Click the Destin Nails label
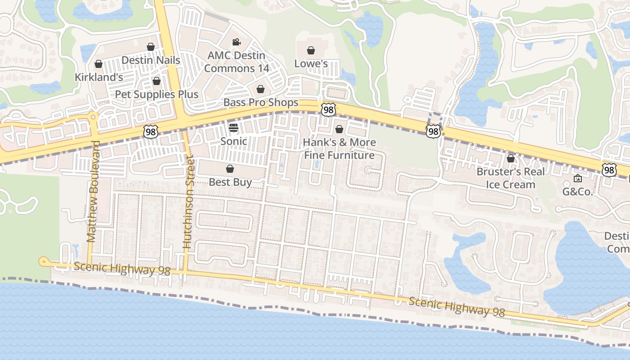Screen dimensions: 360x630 (151, 60)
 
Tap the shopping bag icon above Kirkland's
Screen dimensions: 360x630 (99, 64)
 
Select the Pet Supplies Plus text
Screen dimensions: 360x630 (157, 94)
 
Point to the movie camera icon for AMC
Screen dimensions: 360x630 (236, 42)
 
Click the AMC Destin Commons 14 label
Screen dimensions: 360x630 (236, 62)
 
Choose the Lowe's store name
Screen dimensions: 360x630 (310, 64)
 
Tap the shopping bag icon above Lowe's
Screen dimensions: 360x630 (310, 50)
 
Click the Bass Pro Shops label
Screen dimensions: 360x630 (261, 103)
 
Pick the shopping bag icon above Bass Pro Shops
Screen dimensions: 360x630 (260, 90)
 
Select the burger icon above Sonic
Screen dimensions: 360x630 (233, 128)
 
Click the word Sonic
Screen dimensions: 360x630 (233, 141)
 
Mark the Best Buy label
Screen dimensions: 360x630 (230, 182)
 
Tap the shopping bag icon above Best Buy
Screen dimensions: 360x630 (230, 169)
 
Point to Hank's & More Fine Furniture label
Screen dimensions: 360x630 (339, 149)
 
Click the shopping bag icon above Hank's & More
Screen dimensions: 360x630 (339, 130)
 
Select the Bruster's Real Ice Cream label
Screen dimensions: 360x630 (510, 178)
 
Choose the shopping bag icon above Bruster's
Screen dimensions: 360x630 (510, 158)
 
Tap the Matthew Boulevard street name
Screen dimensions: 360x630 (93, 192)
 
